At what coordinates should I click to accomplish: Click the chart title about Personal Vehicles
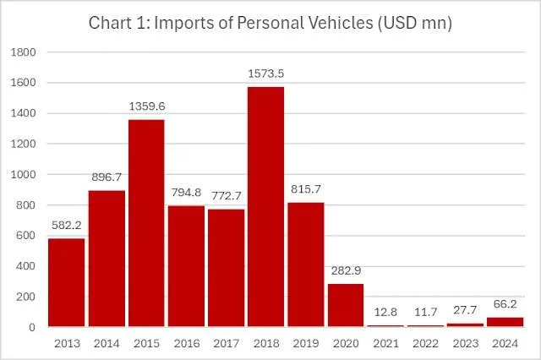[270, 23]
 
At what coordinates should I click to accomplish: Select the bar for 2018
[266, 206]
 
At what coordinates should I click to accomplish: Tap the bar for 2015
[146, 223]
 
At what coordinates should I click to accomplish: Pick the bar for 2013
[67, 282]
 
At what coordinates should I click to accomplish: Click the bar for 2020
[346, 305]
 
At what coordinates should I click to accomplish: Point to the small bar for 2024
[505, 322]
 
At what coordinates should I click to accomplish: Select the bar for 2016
[186, 266]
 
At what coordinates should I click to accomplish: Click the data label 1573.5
[266, 74]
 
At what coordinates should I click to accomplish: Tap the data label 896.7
[107, 177]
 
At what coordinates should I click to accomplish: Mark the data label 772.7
[227, 196]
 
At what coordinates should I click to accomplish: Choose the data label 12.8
[385, 312]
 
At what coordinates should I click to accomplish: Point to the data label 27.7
[465, 310]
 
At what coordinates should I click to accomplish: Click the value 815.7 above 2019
[306, 189]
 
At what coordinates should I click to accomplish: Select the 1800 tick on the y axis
[24, 52]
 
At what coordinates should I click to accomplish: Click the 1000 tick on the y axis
[24, 174]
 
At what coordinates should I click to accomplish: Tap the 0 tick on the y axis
[32, 327]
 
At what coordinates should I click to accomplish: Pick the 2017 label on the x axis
[227, 343]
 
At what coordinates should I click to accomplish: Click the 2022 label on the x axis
[425, 343]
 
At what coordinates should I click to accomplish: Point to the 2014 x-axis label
[107, 343]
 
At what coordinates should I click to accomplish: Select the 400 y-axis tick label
[26, 266]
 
